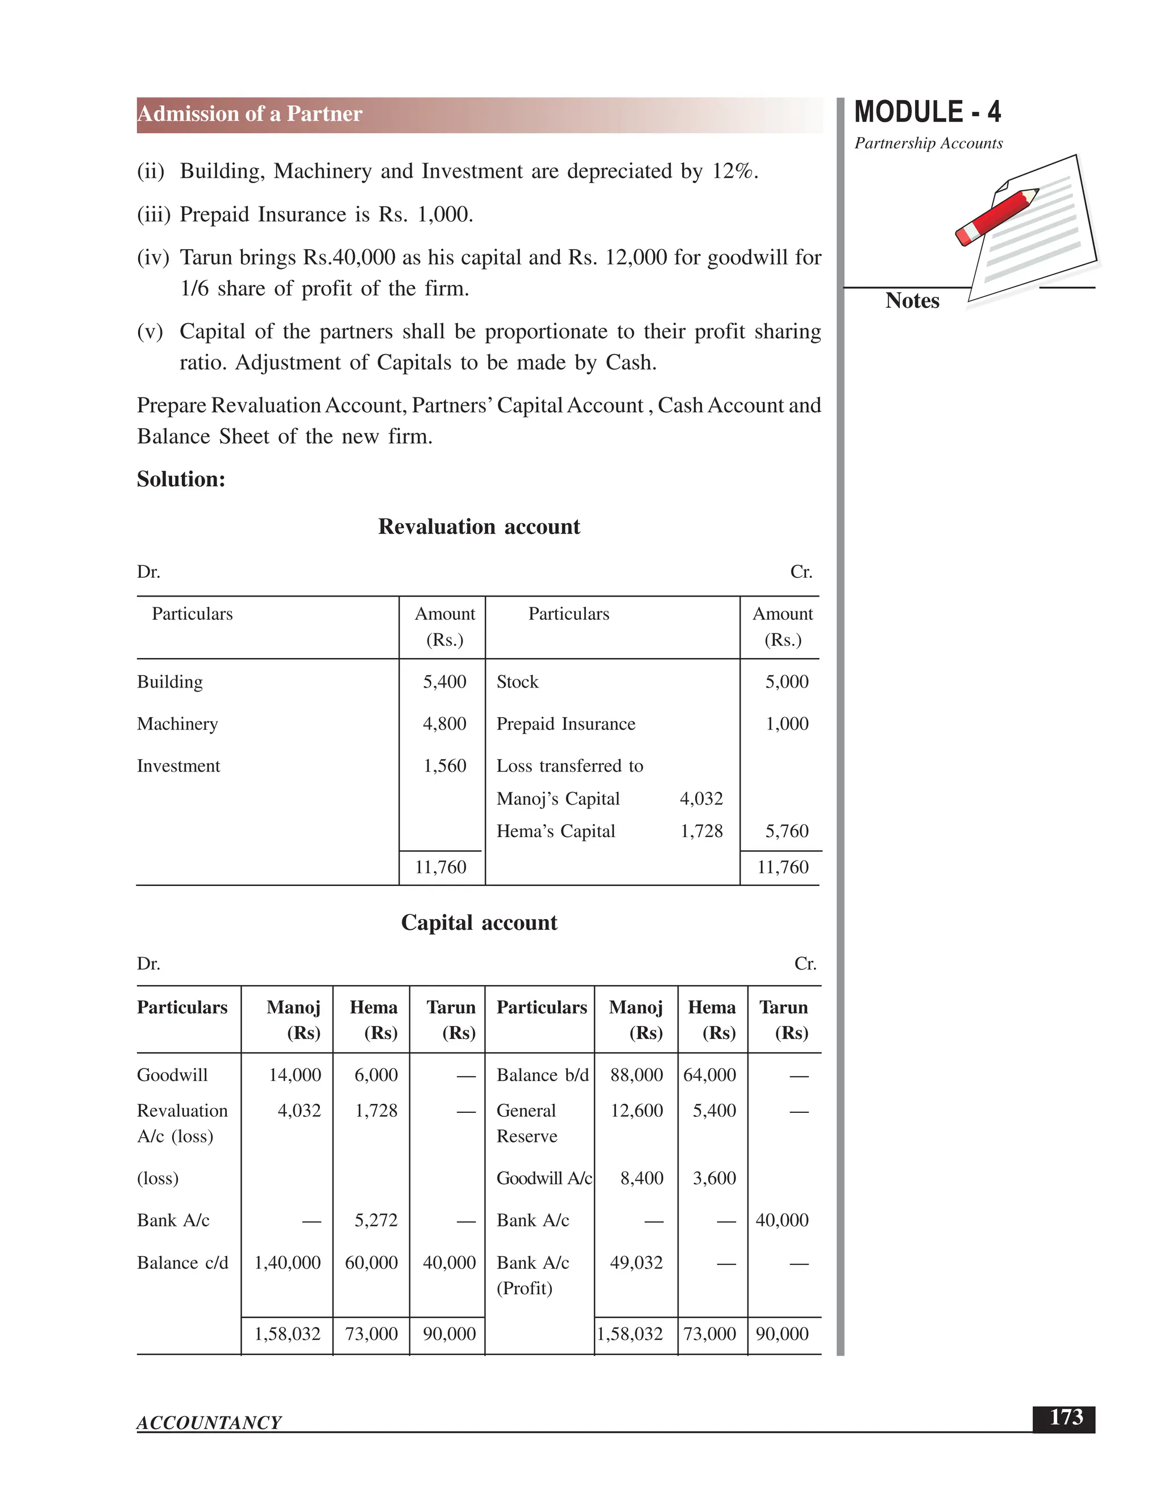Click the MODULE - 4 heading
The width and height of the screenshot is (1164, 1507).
pos(927,112)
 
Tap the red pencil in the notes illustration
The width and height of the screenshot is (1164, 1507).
pos(997,216)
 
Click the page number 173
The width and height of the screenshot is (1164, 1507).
pos(1066,1417)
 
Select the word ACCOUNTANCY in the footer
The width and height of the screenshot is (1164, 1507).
pos(209,1422)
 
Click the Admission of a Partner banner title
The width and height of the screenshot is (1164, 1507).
pos(250,114)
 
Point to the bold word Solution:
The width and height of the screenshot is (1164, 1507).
pos(181,479)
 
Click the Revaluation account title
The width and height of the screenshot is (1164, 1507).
pos(479,527)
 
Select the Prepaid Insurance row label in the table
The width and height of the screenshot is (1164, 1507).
pos(566,724)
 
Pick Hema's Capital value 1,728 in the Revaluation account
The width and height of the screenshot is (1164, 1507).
pos(701,831)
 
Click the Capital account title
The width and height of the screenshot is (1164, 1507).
pos(479,922)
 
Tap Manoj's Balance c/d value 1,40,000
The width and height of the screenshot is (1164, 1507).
pos(288,1262)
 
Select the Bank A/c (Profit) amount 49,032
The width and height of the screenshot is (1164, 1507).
pos(636,1262)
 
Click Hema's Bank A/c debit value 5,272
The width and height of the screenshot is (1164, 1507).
pos(376,1220)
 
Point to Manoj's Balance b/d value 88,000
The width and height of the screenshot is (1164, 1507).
pos(636,1075)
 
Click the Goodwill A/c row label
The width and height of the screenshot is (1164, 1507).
pos(543,1178)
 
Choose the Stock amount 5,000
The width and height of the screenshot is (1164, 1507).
pos(786,682)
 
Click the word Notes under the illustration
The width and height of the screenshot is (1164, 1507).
pos(912,301)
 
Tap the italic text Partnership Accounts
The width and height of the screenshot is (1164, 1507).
pos(928,143)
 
